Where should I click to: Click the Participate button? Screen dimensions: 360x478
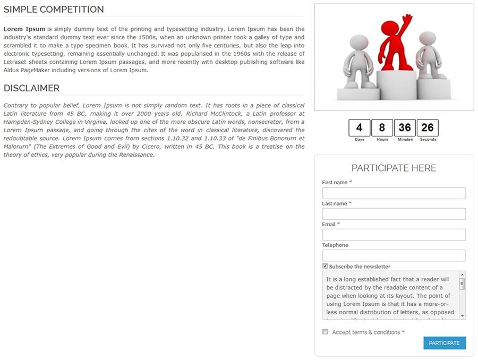pos(445,343)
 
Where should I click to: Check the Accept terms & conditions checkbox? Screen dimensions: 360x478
pos(325,332)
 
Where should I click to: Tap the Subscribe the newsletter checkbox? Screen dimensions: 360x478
pos(325,266)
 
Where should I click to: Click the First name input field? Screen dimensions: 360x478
pos(394,193)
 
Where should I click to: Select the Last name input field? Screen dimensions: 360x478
pos(394,214)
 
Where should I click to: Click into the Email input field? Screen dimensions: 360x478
pos(394,235)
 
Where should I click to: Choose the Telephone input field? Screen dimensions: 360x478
pos(394,255)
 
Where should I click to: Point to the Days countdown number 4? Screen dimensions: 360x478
pos(360,128)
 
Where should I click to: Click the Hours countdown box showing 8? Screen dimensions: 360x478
pos(382,128)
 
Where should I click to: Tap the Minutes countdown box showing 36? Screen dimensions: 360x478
pos(405,128)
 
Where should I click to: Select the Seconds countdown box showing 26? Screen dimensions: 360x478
pos(428,128)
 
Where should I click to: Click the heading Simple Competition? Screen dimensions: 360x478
pos(54,10)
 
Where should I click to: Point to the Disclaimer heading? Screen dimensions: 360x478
pos(32,88)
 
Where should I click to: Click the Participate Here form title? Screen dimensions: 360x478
pos(394,168)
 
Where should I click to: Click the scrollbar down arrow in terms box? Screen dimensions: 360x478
pos(463,316)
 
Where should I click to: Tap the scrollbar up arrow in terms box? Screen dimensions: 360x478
pos(463,275)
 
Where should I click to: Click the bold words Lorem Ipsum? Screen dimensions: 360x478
pos(24,29)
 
